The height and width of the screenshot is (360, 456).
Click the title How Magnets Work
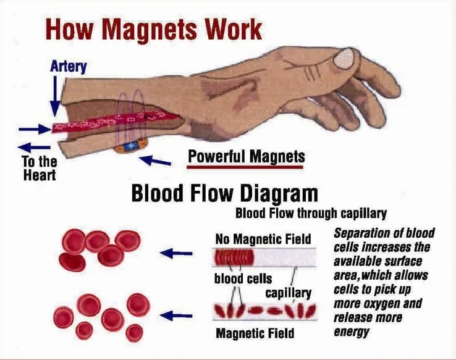154,30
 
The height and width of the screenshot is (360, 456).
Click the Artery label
68,65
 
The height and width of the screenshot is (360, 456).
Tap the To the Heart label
40,169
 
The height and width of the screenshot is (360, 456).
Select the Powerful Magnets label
246,157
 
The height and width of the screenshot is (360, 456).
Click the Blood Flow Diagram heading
224,195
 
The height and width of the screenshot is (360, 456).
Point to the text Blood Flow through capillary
311,214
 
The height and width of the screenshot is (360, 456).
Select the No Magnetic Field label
263,238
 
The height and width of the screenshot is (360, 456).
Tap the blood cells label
243,278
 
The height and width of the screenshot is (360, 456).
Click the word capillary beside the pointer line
289,292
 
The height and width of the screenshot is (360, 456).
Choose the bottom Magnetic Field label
255,334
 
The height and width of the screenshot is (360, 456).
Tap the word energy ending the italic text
351,332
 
